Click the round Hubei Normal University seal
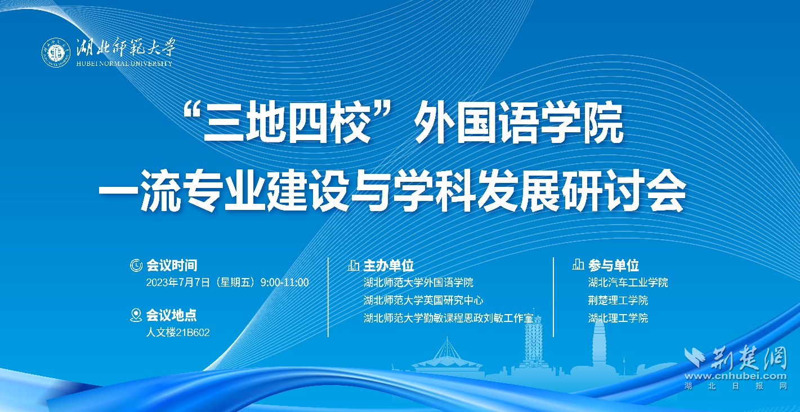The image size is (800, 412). tap(56, 52)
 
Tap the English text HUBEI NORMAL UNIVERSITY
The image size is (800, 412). tap(124, 64)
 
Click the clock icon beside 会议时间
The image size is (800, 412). tap(136, 265)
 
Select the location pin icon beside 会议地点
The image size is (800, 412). tap(136, 315)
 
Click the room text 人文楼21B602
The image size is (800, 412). tap(178, 333)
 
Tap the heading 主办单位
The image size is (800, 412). tap(388, 266)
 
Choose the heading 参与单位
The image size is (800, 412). tap(614, 265)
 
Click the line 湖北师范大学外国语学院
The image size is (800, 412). tap(418, 283)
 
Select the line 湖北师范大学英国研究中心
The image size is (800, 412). tap(423, 300)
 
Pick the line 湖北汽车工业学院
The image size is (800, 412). tap(628, 283)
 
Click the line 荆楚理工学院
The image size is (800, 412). tap(618, 300)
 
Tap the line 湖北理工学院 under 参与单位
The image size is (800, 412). tap(618, 318)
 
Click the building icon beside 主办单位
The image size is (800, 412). tap(354, 265)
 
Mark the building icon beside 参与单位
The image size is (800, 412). tap(578, 264)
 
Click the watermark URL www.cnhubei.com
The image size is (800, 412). tap(735, 376)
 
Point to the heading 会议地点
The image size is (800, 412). tap(171, 315)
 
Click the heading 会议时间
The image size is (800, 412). tap(171, 265)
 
